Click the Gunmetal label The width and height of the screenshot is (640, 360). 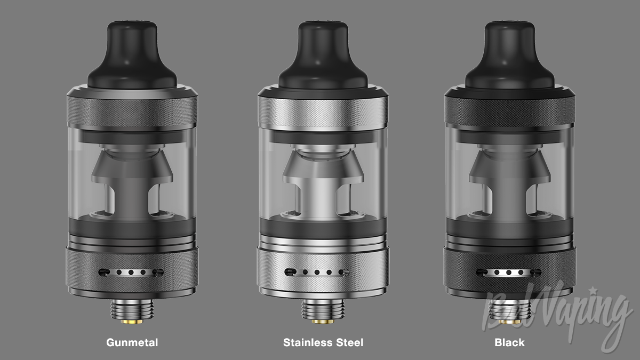(x=132, y=342)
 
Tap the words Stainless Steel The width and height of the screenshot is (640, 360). (x=323, y=342)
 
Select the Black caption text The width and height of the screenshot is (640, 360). (x=509, y=342)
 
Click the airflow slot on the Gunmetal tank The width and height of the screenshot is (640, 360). (x=131, y=273)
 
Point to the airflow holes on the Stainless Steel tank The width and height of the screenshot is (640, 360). (x=317, y=273)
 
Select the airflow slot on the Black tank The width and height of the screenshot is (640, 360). (x=509, y=273)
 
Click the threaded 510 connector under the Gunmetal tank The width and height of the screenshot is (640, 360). (x=132, y=309)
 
